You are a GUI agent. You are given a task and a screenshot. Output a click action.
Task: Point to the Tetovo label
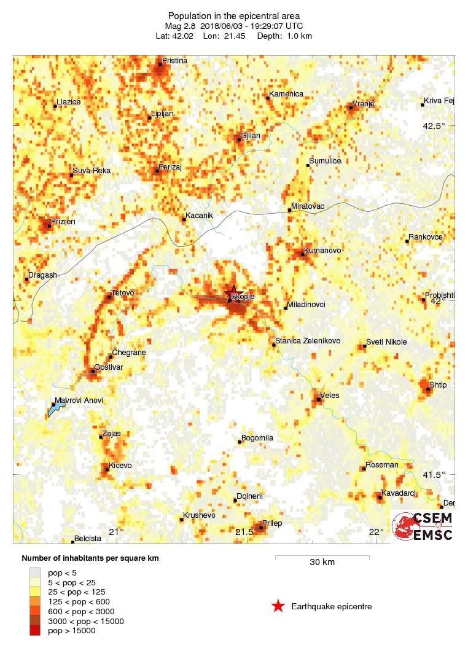(122, 292)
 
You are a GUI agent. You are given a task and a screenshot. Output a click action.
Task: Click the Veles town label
(330, 396)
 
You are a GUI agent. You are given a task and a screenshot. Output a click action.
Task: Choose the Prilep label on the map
(272, 523)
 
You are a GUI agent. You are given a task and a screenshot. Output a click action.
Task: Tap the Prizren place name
(63, 221)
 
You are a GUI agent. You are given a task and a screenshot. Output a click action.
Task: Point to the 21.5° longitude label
(246, 532)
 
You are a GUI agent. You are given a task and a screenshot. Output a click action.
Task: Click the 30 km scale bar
(322, 557)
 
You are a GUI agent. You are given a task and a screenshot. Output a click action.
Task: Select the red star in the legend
(278, 607)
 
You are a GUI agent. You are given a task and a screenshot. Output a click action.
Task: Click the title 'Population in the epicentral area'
(233, 15)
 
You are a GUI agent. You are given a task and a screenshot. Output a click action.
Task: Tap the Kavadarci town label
(399, 493)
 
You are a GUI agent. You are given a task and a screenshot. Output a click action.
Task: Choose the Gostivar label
(109, 367)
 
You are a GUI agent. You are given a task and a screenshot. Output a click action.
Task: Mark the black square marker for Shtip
(428, 389)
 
